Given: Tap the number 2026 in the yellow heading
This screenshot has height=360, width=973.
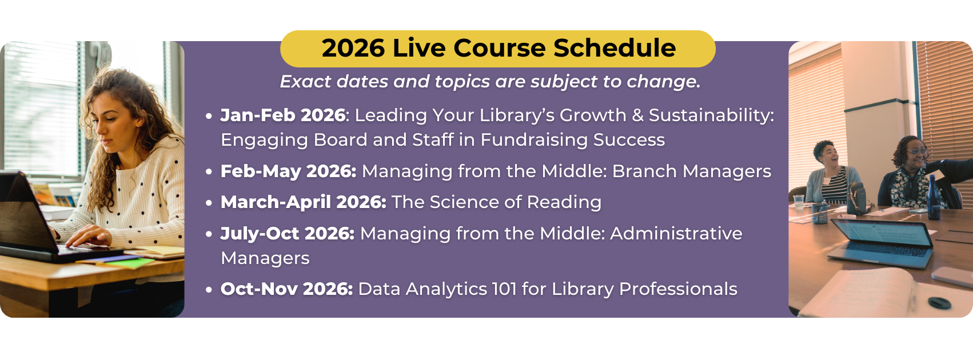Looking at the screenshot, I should pyautogui.click(x=353, y=48).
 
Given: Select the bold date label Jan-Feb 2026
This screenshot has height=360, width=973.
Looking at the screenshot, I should pyautogui.click(x=283, y=115).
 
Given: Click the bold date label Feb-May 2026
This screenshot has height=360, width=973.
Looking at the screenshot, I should pyautogui.click(x=288, y=171).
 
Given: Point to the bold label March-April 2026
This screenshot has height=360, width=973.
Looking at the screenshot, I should pyautogui.click(x=303, y=202).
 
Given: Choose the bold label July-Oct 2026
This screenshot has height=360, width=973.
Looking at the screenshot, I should pyautogui.click(x=287, y=234).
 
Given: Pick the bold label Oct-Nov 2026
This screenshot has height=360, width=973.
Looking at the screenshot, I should pyautogui.click(x=286, y=289).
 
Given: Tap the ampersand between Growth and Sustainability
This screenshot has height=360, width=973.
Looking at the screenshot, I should pyautogui.click(x=637, y=115).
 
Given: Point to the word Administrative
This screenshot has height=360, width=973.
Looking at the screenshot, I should pyautogui.click(x=676, y=234).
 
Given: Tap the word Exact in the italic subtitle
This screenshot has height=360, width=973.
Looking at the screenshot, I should pyautogui.click(x=305, y=82).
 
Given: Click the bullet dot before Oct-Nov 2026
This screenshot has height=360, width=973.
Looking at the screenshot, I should pyautogui.click(x=209, y=290).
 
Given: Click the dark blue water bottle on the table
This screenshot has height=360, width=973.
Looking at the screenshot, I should pyautogui.click(x=934, y=197).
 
